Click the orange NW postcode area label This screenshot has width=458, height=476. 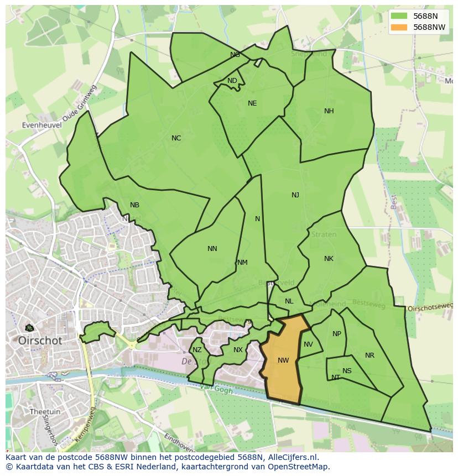(283, 360)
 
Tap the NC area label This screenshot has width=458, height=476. (176, 138)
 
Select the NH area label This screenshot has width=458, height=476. (329, 111)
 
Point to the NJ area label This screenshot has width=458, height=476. (295, 195)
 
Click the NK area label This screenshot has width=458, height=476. (329, 259)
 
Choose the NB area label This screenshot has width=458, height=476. (134, 205)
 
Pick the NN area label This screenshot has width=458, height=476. (212, 249)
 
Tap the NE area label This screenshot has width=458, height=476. (252, 103)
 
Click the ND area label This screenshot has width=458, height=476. (232, 81)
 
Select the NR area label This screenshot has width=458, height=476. (369, 355)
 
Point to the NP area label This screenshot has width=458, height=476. (337, 334)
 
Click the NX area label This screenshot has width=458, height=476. (238, 350)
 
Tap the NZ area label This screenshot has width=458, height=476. (197, 350)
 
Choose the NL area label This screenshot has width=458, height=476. (289, 301)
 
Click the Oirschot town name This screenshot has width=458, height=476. (40, 341)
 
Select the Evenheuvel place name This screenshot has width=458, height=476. (42, 125)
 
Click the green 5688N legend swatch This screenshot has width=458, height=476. (399, 17)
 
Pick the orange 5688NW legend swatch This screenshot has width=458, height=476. (399, 27)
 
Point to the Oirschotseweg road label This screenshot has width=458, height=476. (430, 307)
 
